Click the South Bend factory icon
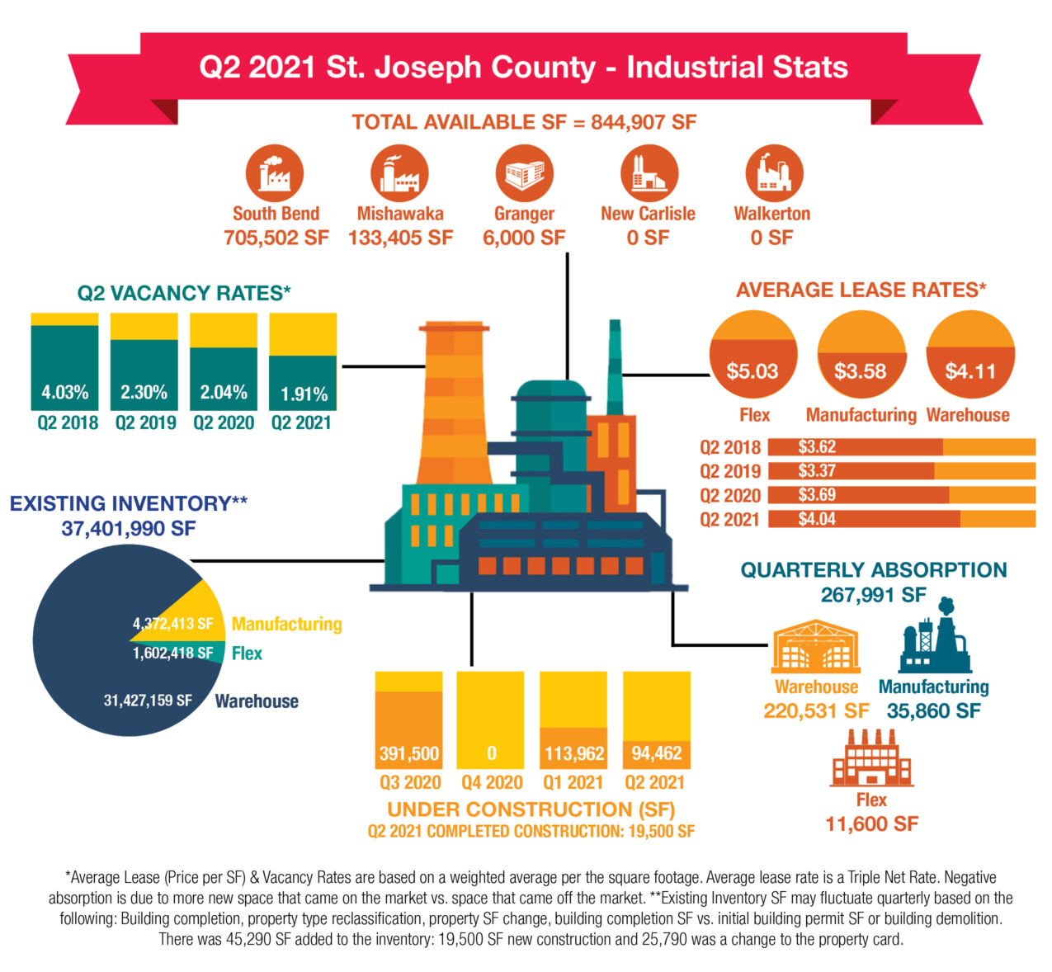pos(275,173)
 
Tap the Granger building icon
pos(525,173)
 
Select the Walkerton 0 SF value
pos(771,238)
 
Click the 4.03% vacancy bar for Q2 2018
pos(64,368)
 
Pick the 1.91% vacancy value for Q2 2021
pos(304,394)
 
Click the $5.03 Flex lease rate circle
pos(752,354)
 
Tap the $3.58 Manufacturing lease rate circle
pos(861,354)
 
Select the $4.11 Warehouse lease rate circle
pos(969,354)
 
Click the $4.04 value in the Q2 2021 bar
pos(817,519)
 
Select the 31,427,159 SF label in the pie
pos(148,701)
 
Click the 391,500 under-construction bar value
pos(409,753)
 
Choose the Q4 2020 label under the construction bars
pos(492,782)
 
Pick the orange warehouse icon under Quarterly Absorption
pos(816,646)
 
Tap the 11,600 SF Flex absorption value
pos(871,823)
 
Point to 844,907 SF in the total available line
pos(643,122)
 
